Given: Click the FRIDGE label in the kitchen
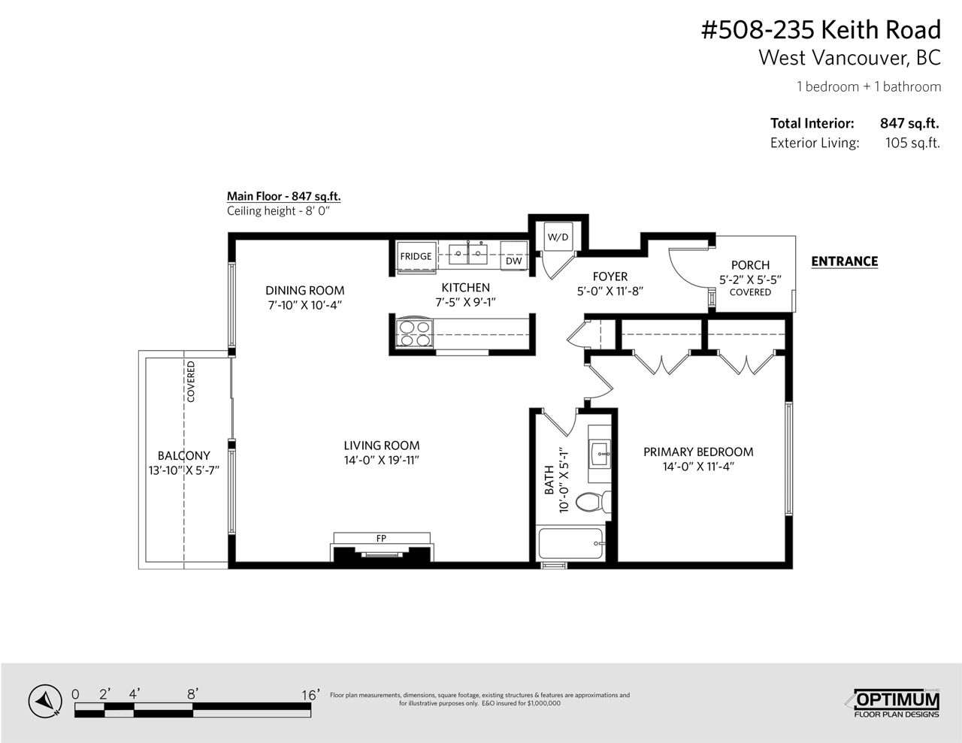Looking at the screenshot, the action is (416, 256).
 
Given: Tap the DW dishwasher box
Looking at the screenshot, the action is (513, 255).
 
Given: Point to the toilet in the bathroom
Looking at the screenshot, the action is (593, 502).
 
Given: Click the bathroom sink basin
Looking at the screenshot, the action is (600, 454).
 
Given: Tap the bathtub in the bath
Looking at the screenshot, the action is (570, 544).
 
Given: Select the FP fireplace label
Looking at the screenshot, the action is (381, 538).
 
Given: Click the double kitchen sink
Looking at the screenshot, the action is (468, 254).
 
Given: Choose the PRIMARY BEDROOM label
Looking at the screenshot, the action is (698, 452).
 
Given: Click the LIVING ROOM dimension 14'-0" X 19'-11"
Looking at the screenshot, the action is (381, 461).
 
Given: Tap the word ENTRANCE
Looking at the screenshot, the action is (844, 261).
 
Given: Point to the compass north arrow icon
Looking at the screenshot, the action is (45, 702).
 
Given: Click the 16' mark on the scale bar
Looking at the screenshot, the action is (310, 695).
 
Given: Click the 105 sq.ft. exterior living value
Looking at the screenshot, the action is (912, 143).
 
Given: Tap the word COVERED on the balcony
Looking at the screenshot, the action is (191, 382).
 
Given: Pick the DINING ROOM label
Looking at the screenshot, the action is (304, 290).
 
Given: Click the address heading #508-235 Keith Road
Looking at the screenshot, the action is (821, 30).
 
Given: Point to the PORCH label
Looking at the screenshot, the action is (750, 265).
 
